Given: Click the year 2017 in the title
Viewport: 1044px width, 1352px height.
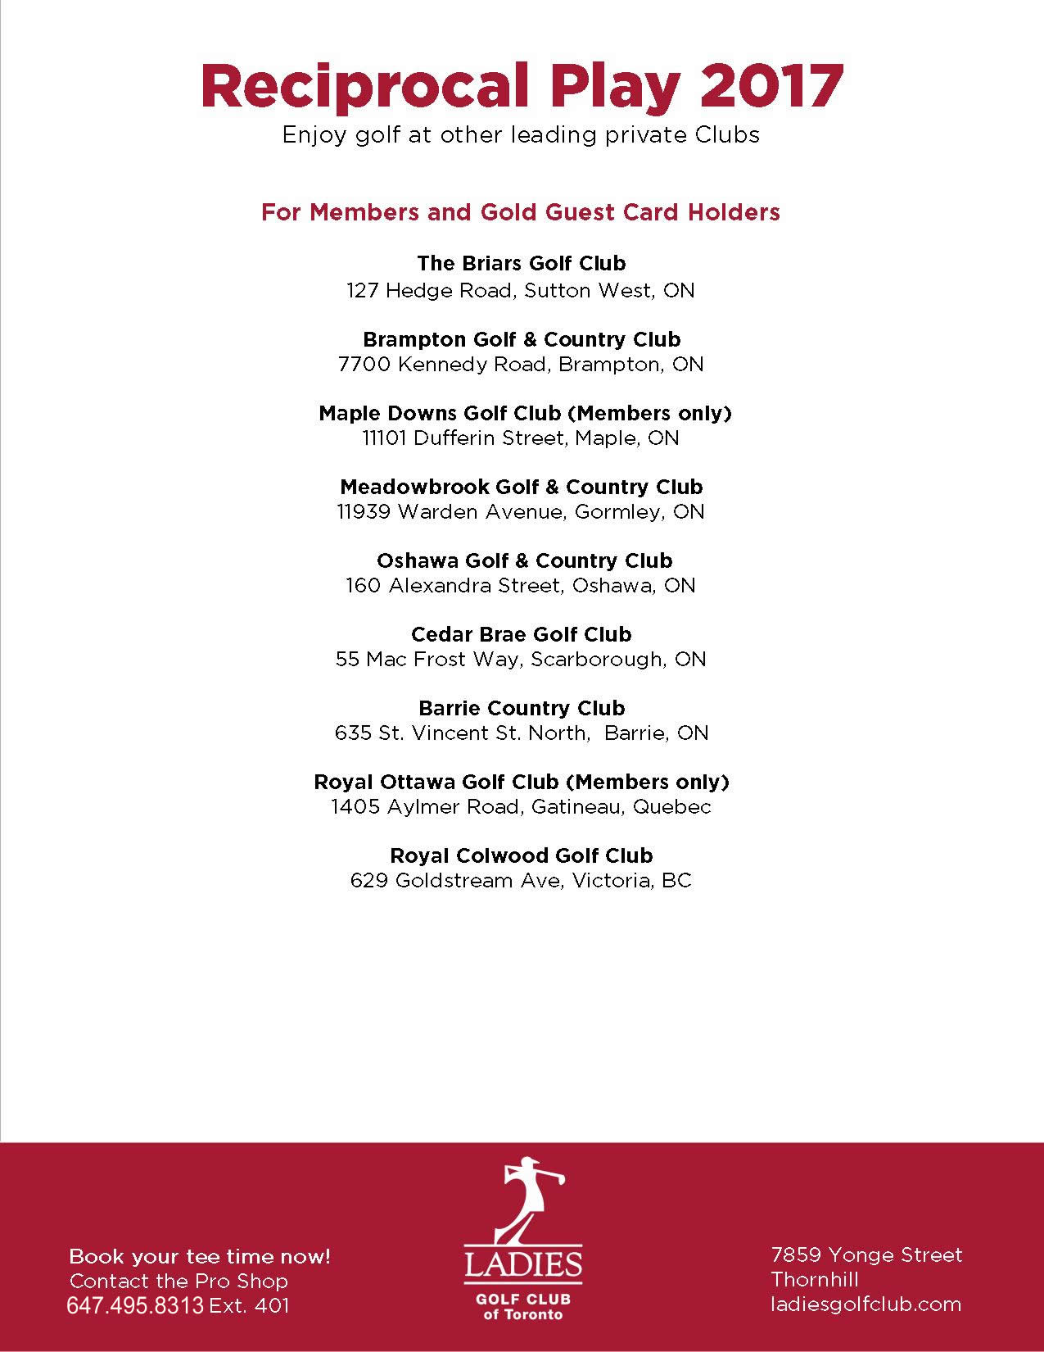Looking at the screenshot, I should (771, 86).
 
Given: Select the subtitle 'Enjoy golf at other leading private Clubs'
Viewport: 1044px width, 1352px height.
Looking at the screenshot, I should (521, 135).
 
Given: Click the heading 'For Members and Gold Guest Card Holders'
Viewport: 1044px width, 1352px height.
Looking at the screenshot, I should (521, 212).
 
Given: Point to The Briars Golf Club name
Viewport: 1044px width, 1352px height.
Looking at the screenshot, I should (521, 263).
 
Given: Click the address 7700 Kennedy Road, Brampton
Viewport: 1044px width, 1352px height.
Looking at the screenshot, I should (521, 364).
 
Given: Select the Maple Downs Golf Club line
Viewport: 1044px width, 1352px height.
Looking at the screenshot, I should (524, 413).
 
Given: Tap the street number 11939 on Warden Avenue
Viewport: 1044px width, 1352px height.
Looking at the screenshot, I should (364, 511).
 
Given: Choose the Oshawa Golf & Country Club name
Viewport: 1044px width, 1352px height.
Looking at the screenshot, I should (524, 560).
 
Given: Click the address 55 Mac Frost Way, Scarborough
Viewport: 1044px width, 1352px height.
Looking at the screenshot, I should (521, 659).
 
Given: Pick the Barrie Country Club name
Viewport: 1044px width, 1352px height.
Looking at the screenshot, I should (521, 708).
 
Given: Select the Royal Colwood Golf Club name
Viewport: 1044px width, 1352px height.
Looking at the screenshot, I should (521, 855).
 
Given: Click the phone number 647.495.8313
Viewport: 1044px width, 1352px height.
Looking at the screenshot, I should (134, 1305).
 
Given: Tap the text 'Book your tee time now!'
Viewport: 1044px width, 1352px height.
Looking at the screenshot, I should (200, 1256).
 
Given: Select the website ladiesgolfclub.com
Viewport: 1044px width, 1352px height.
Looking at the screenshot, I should (865, 1304).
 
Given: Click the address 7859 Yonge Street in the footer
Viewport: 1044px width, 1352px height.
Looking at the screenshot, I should (866, 1254).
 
